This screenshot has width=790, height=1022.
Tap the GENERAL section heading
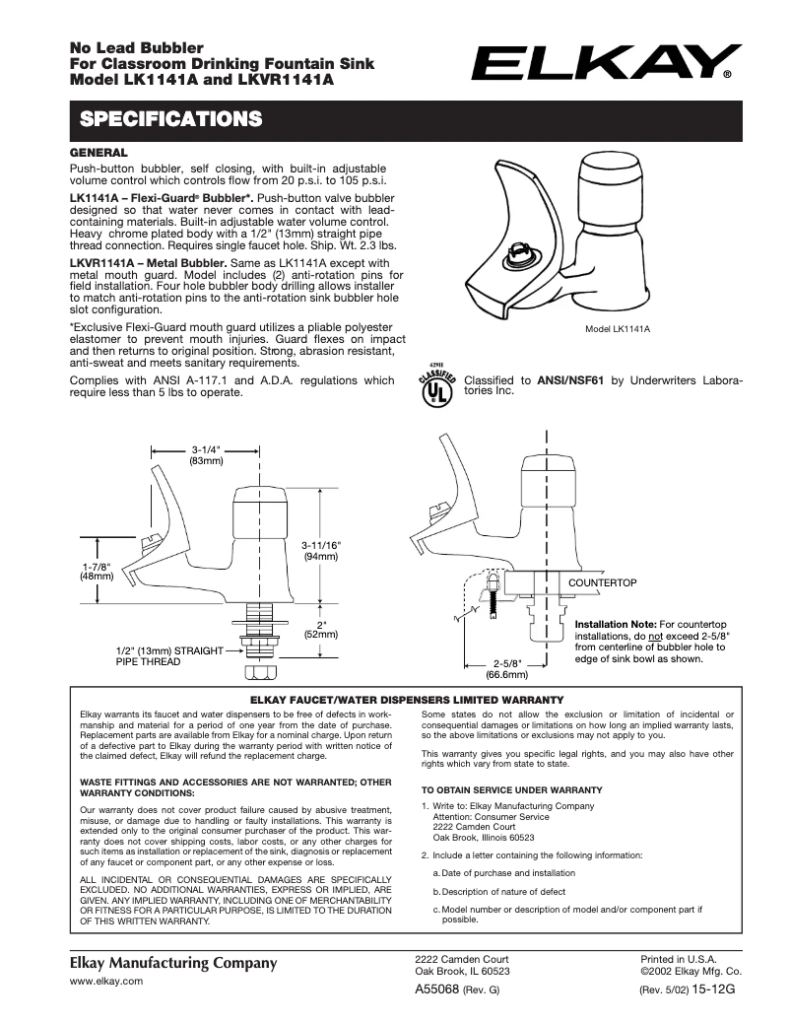point(99,154)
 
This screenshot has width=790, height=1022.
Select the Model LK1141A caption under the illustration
point(618,329)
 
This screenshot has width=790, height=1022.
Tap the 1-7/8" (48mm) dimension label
point(96,572)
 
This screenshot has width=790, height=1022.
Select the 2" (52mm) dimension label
point(321,629)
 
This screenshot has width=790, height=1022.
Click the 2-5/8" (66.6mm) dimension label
point(506,669)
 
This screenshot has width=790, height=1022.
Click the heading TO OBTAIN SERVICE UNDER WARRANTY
point(511,790)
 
